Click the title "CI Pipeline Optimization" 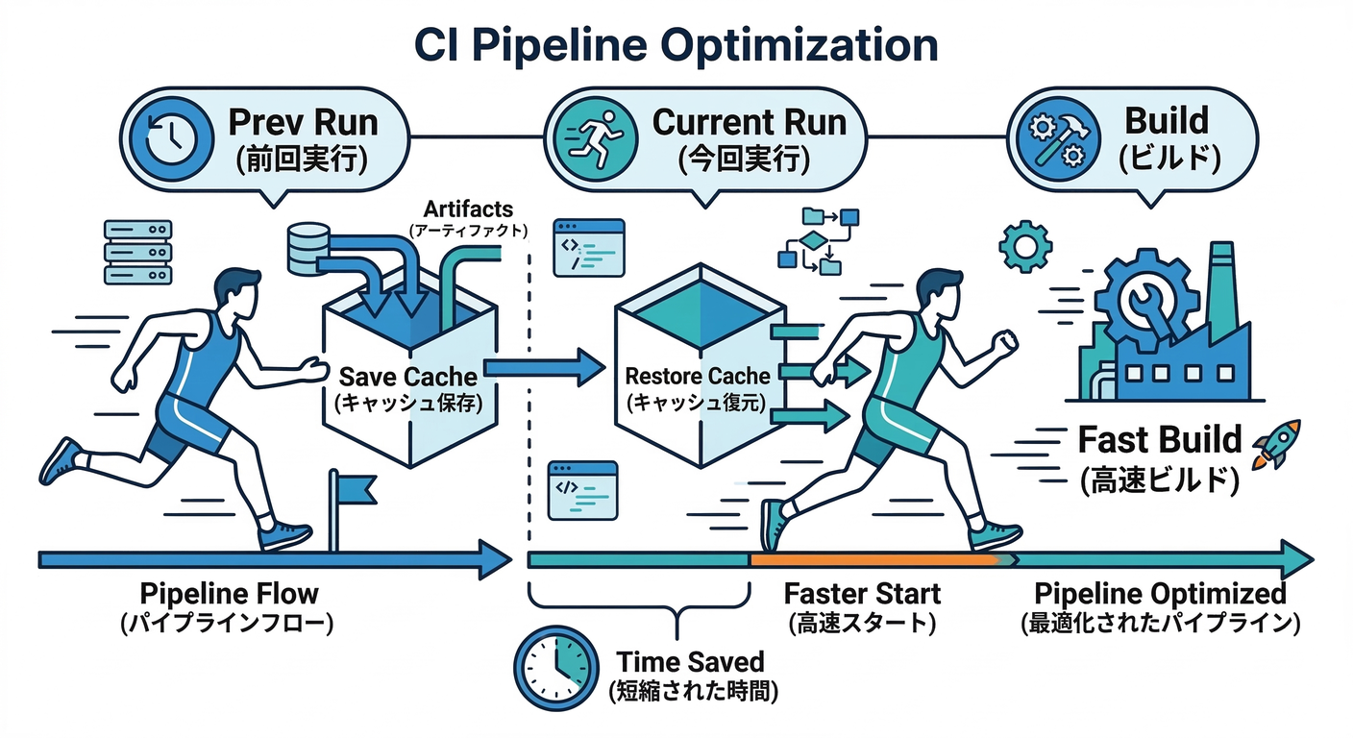676,44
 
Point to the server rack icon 136,252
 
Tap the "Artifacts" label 468,209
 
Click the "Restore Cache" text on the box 697,375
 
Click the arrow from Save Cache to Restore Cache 543,367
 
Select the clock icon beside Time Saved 555,662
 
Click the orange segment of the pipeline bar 874,558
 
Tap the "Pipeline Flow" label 229,593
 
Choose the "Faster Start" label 862,593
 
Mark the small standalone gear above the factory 1025,246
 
